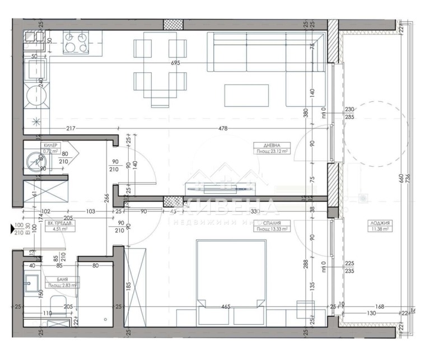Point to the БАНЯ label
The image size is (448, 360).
(55, 278)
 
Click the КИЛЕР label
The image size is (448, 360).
(50, 145)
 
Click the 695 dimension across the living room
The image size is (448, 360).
(175, 63)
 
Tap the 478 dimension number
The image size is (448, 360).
(222, 129)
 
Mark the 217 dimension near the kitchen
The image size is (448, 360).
(71, 129)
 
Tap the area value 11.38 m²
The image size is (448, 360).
(380, 229)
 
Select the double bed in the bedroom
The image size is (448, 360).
(230, 280)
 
